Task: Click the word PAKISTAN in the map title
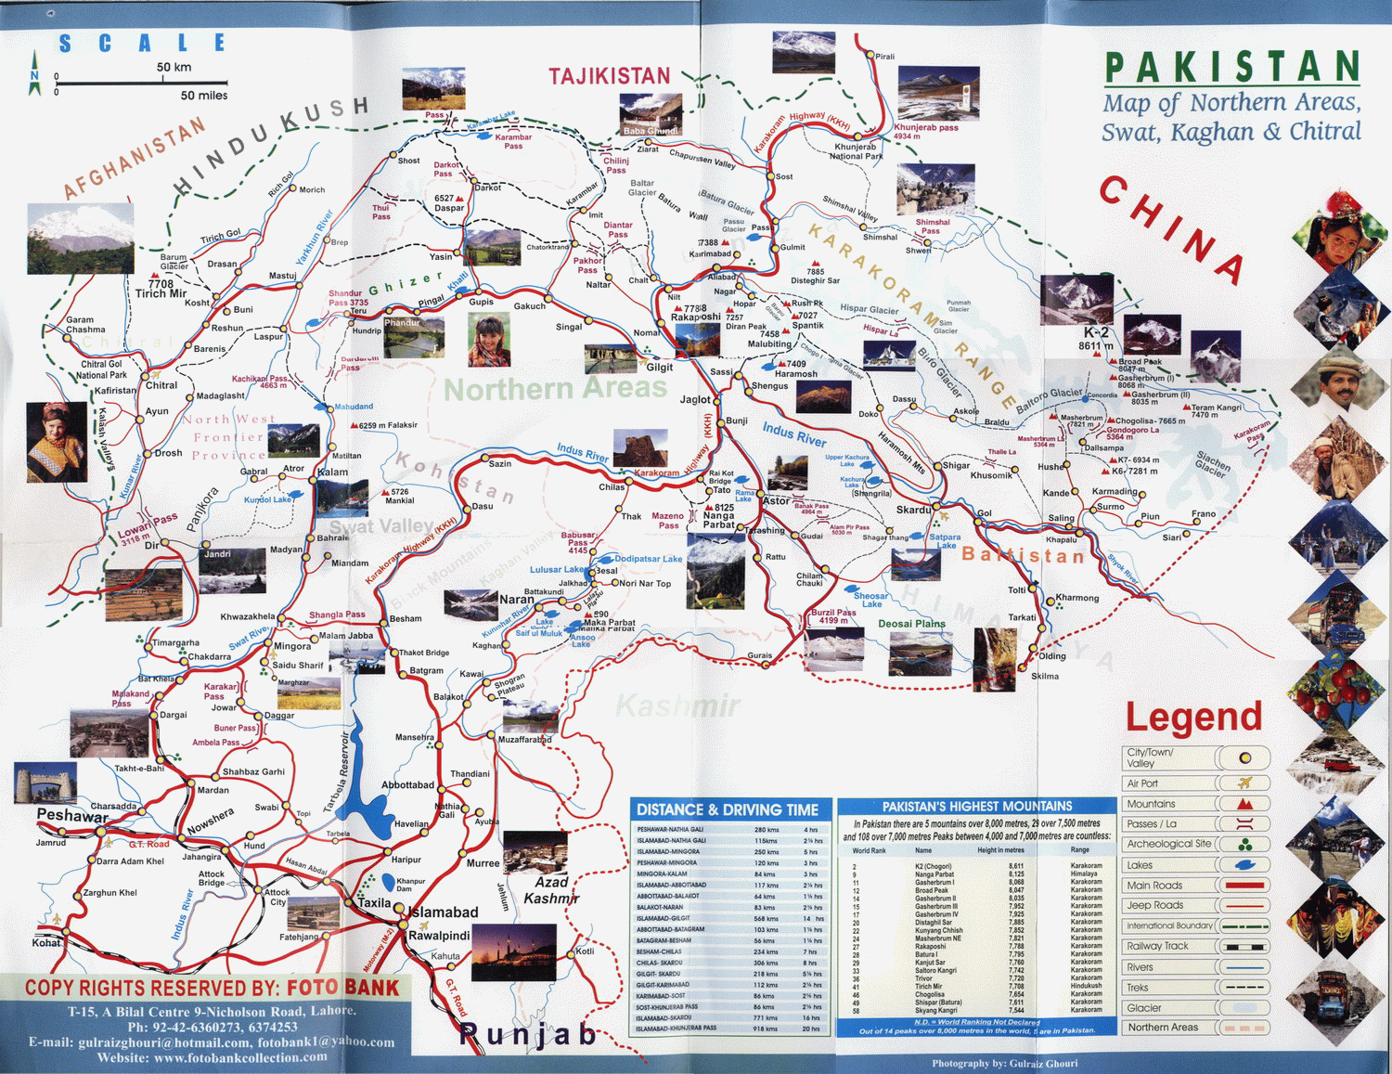(x=1231, y=67)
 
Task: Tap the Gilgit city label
(x=660, y=367)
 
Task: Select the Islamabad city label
(x=444, y=912)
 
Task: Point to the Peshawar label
(x=71, y=816)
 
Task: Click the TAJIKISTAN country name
(x=609, y=76)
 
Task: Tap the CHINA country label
(x=1171, y=230)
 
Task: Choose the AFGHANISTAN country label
(x=135, y=157)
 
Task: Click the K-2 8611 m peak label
(x=1096, y=339)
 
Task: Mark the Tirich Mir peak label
(x=161, y=293)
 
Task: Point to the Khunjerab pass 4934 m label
(x=925, y=131)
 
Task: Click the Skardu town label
(x=913, y=510)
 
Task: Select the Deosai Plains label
(x=911, y=624)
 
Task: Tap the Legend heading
(x=1193, y=717)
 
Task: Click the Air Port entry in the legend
(x=1142, y=783)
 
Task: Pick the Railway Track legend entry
(x=1156, y=946)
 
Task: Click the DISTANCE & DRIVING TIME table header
(x=728, y=809)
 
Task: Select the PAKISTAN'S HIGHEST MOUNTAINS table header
(x=977, y=807)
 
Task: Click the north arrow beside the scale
(x=35, y=82)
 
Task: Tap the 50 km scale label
(x=174, y=67)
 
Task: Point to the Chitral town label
(x=161, y=385)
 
